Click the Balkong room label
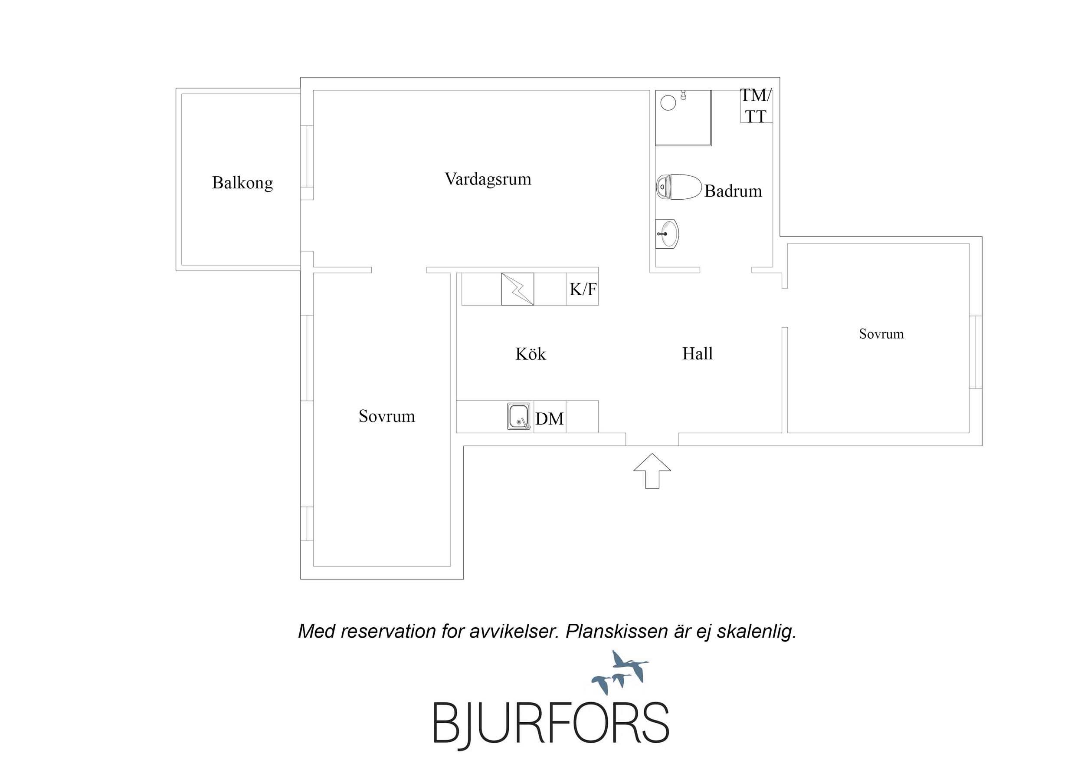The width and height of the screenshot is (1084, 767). pos(242,183)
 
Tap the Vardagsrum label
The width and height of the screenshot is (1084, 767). pos(488,179)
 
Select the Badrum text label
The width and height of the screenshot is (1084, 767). pos(733,191)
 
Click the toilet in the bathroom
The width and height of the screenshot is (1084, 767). pos(678,187)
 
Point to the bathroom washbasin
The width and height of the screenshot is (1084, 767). pos(667,233)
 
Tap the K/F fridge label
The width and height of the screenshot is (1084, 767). pos(583,289)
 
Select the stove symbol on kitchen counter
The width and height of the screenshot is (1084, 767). pos(517,289)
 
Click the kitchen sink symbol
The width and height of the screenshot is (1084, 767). pos(518,416)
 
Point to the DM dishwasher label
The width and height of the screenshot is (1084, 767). pos(550,419)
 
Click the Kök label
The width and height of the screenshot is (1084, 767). pos(531,354)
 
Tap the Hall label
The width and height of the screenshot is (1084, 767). pos(698,353)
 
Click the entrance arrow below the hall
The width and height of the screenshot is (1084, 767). pos(652,471)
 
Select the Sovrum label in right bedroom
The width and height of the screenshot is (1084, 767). pos(881,334)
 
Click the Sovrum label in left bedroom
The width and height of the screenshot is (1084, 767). pos(386,416)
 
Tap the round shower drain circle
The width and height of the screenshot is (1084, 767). pos(668,102)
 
